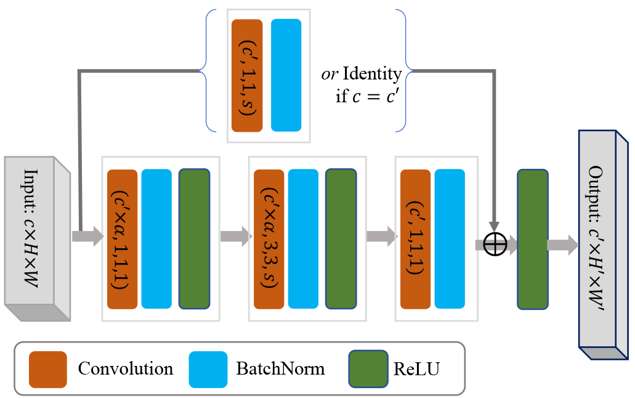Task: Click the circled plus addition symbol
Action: coord(495,245)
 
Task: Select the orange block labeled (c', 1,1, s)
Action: coord(247,75)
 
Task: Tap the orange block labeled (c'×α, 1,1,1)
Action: coord(122,238)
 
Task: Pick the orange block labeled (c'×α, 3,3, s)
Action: coord(269,238)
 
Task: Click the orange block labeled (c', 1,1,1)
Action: coord(415,238)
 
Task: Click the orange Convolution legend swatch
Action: coord(47,369)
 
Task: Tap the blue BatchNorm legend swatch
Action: coord(208,369)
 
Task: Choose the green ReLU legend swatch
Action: coord(368,369)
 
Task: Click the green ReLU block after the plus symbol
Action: coord(532,238)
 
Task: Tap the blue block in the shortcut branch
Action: coord(286,75)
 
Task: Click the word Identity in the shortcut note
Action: coord(372,75)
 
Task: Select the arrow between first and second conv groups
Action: coord(235,237)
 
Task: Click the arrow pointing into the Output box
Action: coord(562,245)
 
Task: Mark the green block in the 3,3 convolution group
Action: coord(341,238)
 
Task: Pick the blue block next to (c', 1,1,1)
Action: coord(450,238)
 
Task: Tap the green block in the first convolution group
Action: coord(194,238)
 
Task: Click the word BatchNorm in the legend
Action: coord(280,369)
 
